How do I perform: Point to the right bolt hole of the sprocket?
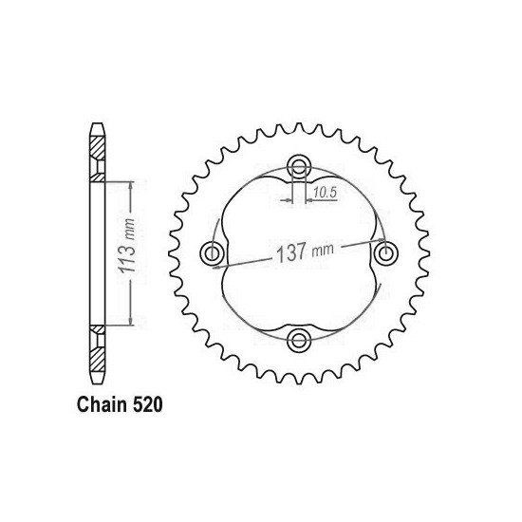click(x=385, y=252)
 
